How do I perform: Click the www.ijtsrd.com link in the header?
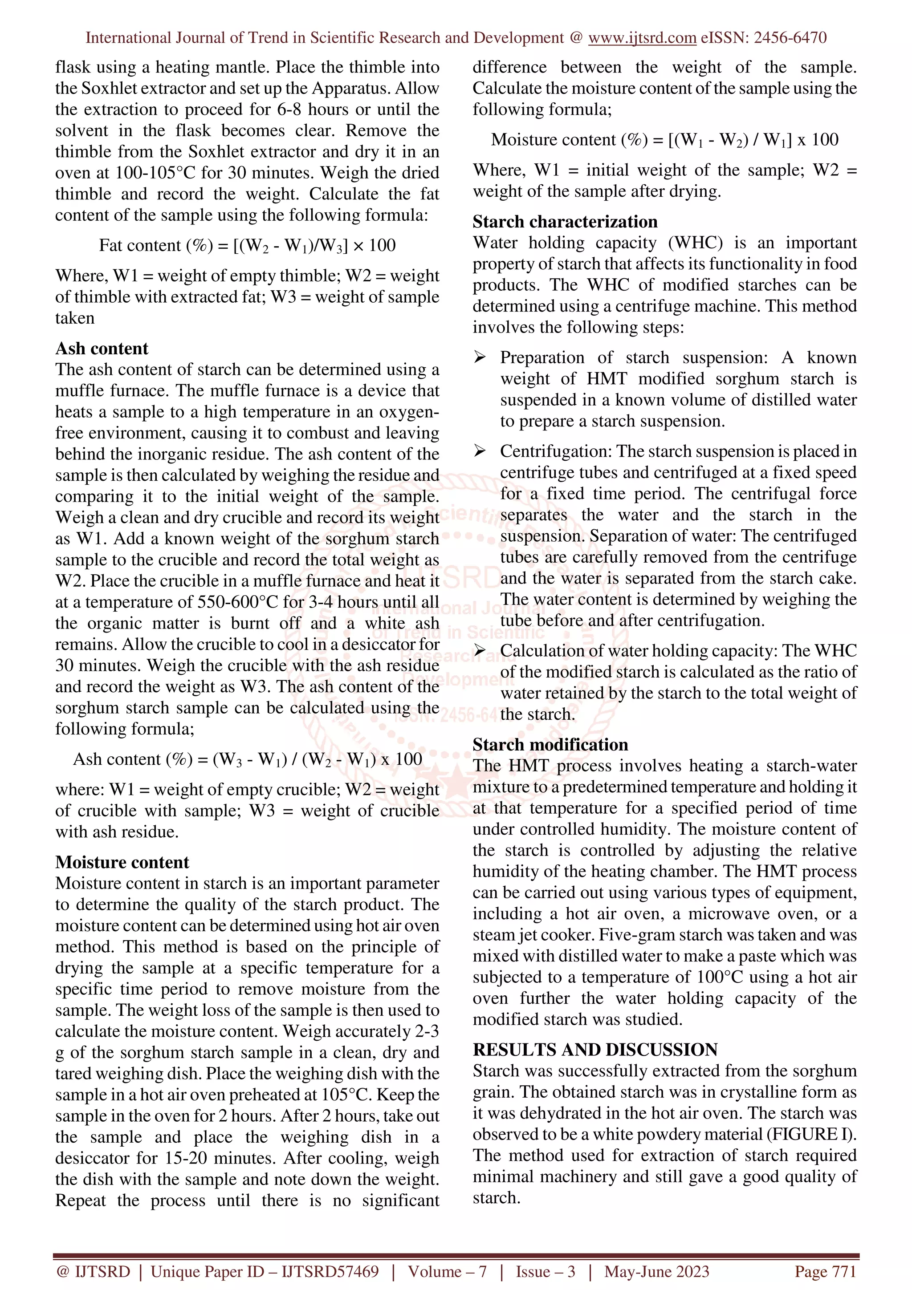coord(642,38)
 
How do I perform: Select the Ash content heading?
coord(102,349)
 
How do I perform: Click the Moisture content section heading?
coord(122,862)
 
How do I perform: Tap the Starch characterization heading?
coord(565,221)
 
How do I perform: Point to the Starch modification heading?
coord(550,744)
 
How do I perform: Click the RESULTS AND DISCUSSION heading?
coord(595,1050)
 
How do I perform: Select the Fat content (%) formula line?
coord(247,246)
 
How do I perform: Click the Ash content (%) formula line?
coord(247,759)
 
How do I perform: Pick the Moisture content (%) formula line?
coord(664,140)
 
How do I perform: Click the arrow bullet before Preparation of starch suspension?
coord(479,357)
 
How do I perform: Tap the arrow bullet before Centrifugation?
coord(479,451)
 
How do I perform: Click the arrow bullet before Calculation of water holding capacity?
coord(479,651)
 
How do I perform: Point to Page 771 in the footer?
coord(825,1271)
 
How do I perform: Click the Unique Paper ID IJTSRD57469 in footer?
coord(264,1271)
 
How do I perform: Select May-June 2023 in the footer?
coord(656,1271)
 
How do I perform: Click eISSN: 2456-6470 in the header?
coord(763,38)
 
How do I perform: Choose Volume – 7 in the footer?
coord(447,1271)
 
